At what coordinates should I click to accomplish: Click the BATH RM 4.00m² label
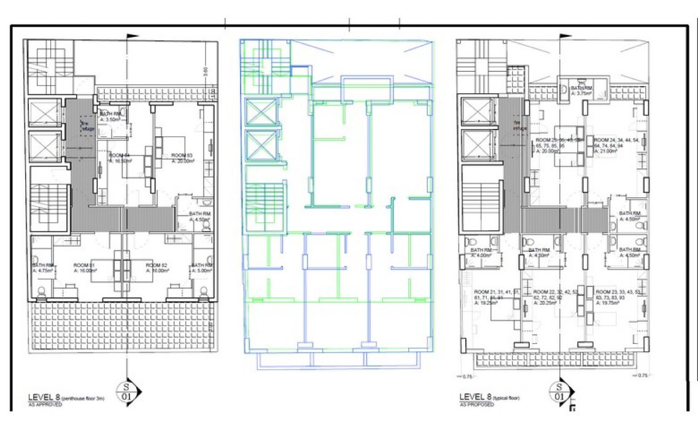[481, 253]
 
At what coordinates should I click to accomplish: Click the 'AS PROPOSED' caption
[476, 405]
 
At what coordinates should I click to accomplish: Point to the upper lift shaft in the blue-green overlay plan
[257, 113]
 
